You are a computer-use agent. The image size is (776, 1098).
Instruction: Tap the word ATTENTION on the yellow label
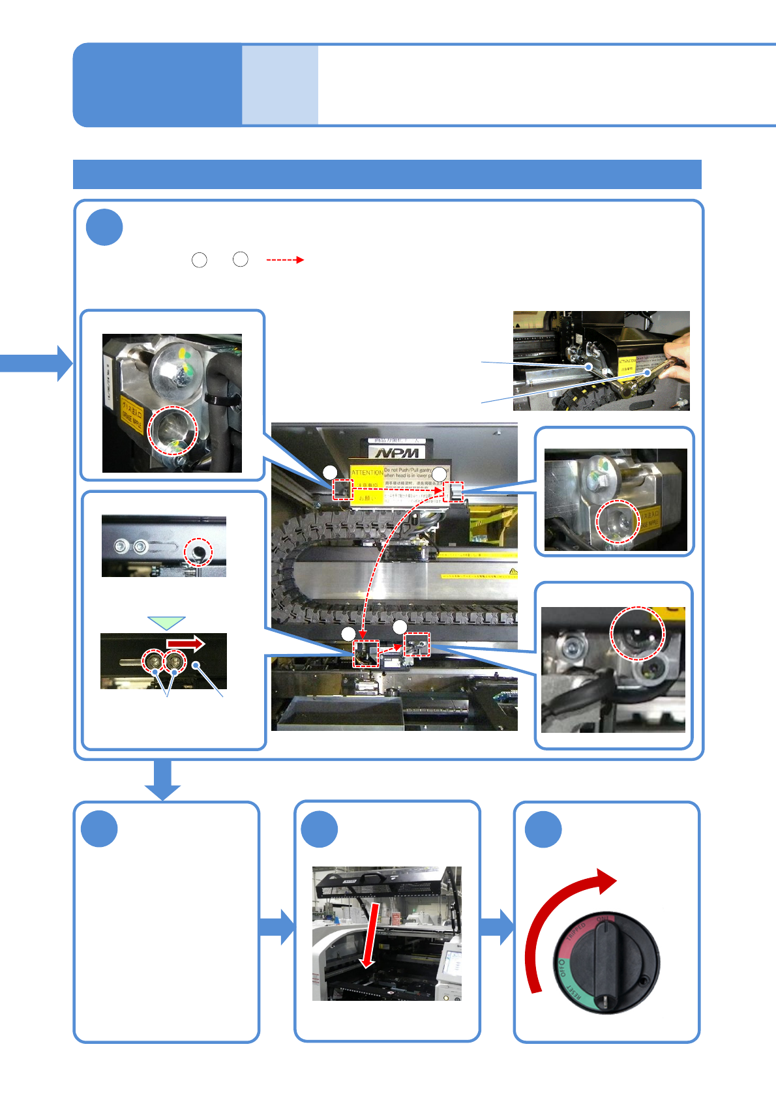(367, 472)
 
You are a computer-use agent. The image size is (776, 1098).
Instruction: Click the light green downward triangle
(167, 623)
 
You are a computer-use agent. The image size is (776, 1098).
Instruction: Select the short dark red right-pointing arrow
(186, 644)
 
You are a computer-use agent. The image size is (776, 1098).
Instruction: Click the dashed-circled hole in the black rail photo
(198, 552)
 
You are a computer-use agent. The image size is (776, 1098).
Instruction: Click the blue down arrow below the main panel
(162, 779)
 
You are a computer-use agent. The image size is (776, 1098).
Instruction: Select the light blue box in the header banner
(280, 85)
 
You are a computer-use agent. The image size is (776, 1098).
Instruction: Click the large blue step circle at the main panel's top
(104, 227)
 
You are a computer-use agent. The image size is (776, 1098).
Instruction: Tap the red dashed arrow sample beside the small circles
(285, 260)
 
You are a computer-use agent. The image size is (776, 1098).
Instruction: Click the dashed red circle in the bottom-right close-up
(636, 633)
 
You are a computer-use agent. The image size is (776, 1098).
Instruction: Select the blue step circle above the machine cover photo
(320, 829)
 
